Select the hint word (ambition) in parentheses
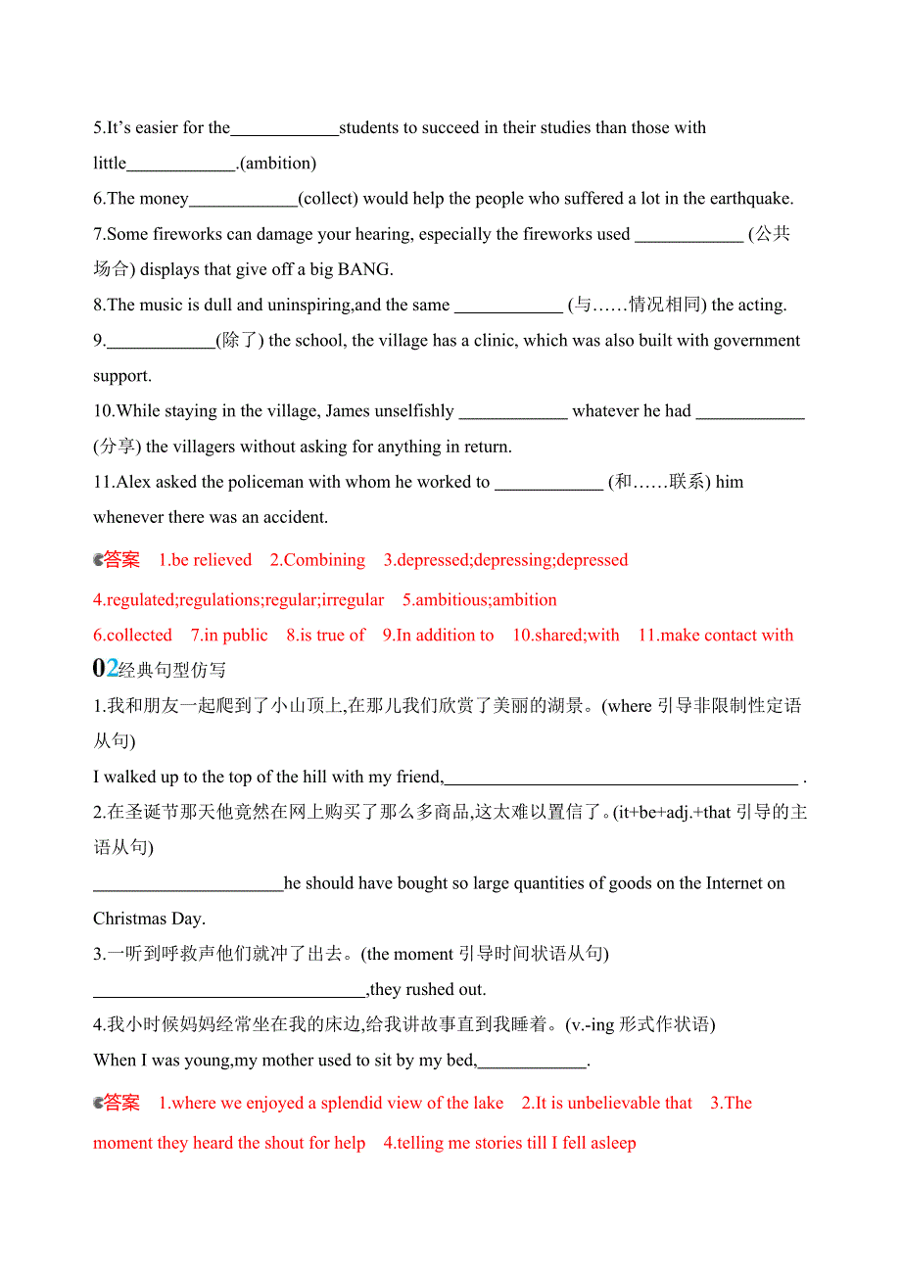278,164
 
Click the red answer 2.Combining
317,560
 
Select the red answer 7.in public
229,636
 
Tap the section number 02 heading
105,669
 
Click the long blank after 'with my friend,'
621,779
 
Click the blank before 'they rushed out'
229,990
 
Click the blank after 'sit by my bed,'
531,1062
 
